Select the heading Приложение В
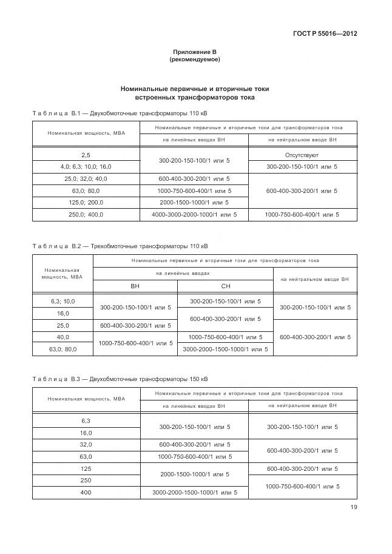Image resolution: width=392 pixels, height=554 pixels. point(194,53)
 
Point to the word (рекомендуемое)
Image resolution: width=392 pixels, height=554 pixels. point(194,60)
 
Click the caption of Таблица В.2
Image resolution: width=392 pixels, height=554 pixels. point(119,246)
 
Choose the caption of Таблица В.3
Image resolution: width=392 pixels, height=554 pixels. point(119,379)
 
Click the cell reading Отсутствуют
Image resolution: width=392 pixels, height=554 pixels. point(302,155)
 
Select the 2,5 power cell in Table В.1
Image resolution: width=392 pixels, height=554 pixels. point(86,155)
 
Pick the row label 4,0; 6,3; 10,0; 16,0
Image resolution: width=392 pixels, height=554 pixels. point(86,167)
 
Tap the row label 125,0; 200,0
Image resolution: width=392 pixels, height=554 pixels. point(86,202)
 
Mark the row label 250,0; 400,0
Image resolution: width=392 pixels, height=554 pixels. point(86,215)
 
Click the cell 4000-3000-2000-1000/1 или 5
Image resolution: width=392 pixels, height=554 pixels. point(194,215)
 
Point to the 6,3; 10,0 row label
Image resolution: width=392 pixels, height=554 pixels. point(63,301)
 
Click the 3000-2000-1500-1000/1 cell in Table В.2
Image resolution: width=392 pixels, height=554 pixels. point(225,349)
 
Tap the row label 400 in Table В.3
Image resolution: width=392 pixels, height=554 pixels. point(86,492)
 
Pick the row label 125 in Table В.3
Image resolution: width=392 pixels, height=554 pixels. point(86,468)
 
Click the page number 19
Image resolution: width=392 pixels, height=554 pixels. point(353,508)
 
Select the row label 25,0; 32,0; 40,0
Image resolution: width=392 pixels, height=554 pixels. point(86,179)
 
